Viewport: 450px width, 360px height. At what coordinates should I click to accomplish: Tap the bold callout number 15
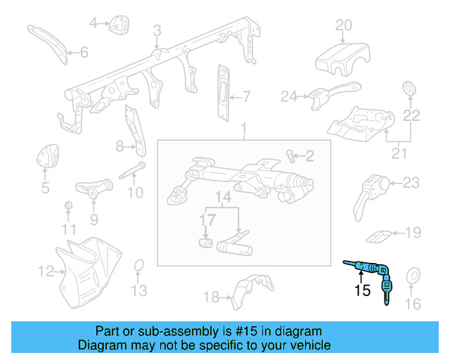pos(361,289)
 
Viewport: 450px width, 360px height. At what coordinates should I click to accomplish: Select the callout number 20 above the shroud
pos(343,26)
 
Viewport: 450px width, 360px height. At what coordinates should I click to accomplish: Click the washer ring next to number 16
pos(413,276)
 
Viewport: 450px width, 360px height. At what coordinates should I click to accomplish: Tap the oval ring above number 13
pos(139,266)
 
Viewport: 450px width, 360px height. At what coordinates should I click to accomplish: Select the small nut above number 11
pos(68,206)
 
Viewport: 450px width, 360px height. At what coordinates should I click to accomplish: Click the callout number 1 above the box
pos(244,129)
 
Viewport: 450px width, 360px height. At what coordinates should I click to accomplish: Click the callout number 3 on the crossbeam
pos(157,31)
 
